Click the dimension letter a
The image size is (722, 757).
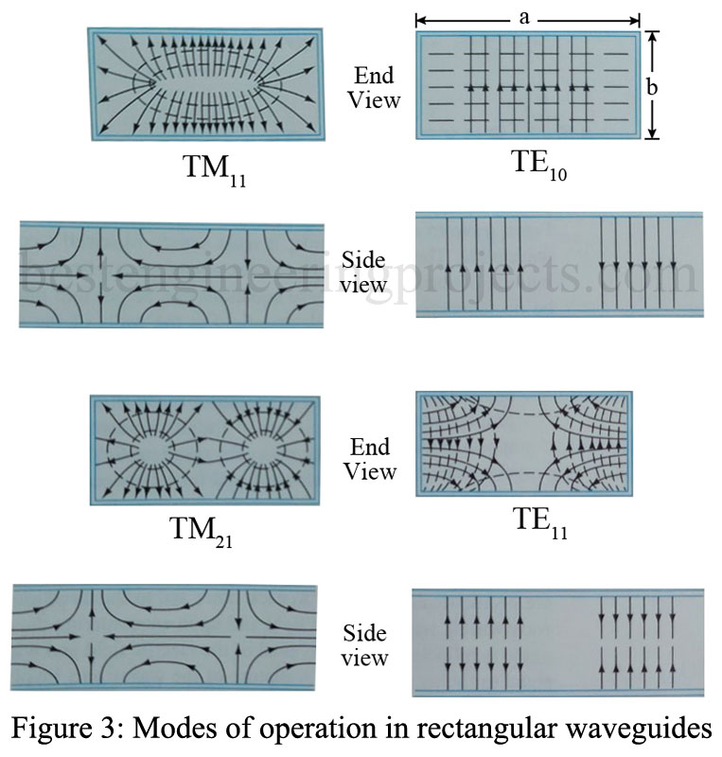point(526,16)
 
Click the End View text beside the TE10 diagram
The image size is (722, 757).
point(376,85)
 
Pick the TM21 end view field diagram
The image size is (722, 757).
point(204,448)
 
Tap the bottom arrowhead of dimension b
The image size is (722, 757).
point(652,134)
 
